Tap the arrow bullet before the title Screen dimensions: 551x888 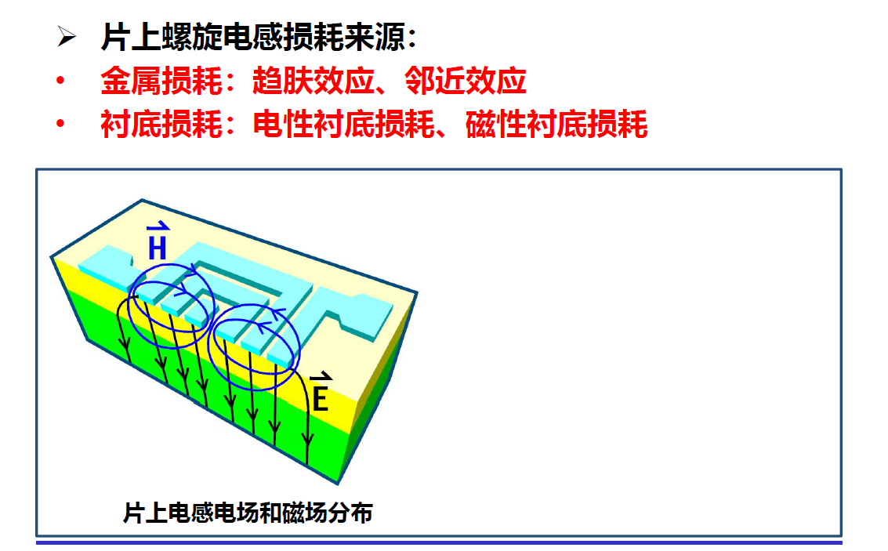click(x=67, y=38)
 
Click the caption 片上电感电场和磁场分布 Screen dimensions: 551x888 click(x=248, y=513)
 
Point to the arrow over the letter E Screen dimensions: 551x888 click(x=317, y=379)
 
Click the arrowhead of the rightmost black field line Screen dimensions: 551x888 click(x=308, y=453)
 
